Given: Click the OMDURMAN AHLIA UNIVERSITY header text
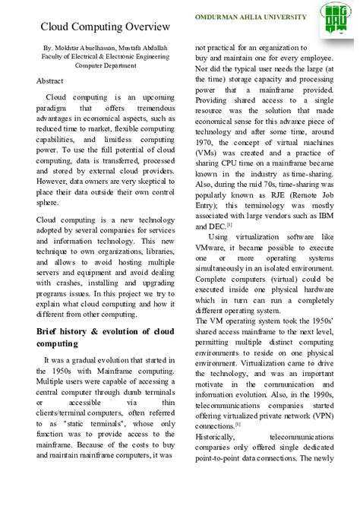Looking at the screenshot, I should pos(251,17).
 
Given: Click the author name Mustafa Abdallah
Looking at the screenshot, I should pos(144,48).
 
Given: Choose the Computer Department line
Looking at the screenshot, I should pos(106,65).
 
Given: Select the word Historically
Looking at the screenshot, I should pos(215,438).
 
